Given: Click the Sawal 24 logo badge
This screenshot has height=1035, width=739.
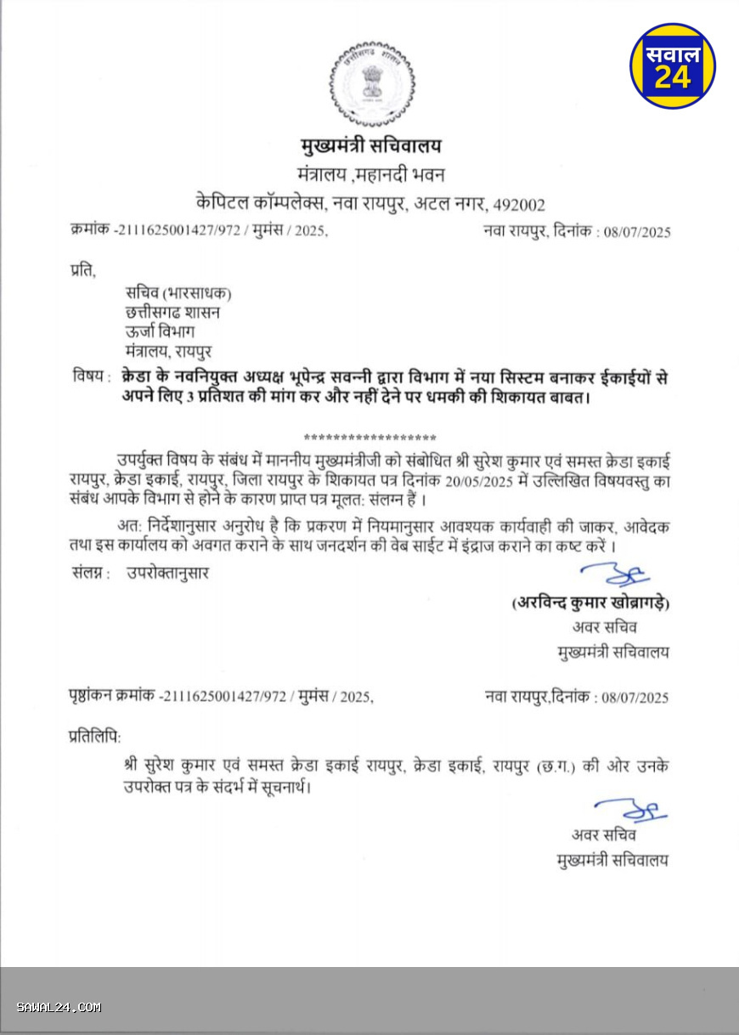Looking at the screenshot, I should [x=673, y=65].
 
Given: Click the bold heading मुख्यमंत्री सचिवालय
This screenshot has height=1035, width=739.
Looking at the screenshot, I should [x=370, y=145].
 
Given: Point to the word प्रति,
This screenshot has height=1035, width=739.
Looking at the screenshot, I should [x=83, y=271].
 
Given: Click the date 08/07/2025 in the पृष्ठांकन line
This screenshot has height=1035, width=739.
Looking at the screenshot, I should [x=634, y=698].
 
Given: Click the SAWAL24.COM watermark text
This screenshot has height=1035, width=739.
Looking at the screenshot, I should [x=59, y=1008].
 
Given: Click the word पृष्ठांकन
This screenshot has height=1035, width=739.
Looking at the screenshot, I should [x=91, y=698].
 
